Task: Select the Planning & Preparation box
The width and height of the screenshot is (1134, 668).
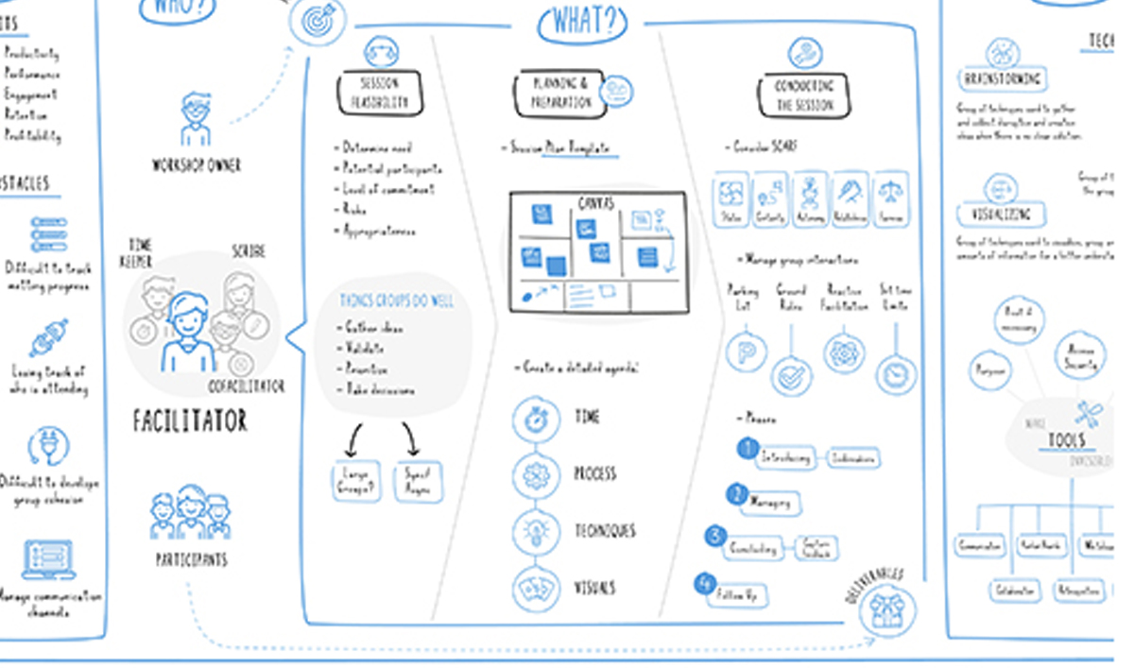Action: pyautogui.click(x=560, y=93)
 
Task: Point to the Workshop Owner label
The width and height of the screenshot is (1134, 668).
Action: pyautogui.click(x=196, y=165)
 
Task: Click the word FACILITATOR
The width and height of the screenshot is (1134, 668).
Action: pyautogui.click(x=189, y=420)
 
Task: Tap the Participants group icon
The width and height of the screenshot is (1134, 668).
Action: pyautogui.click(x=190, y=514)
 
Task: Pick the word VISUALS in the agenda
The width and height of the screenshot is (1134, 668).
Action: pyautogui.click(x=594, y=588)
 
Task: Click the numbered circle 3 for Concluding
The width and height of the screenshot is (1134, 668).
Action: pyautogui.click(x=716, y=536)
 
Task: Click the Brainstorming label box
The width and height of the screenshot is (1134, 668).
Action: pyautogui.click(x=1001, y=78)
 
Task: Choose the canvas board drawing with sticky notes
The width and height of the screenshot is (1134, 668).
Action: pyautogui.click(x=598, y=252)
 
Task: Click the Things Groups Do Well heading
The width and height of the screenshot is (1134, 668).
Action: pyautogui.click(x=396, y=300)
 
